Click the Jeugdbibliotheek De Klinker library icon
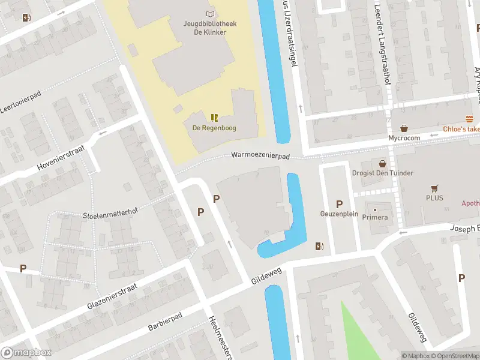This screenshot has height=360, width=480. click(209, 14)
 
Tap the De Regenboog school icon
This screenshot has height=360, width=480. click(214, 117)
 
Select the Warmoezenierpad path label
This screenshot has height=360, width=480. click(260, 156)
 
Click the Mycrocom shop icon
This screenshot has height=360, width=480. click(404, 128)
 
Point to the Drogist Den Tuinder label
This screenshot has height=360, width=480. click(386, 173)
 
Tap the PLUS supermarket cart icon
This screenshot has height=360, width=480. click(434, 187)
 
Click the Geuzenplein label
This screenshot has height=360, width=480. click(339, 214)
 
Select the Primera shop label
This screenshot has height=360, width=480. click(375, 217)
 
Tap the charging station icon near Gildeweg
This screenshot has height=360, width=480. click(319, 246)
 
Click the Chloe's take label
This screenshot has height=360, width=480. click(462, 129)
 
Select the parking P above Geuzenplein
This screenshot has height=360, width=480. click(339, 204)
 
